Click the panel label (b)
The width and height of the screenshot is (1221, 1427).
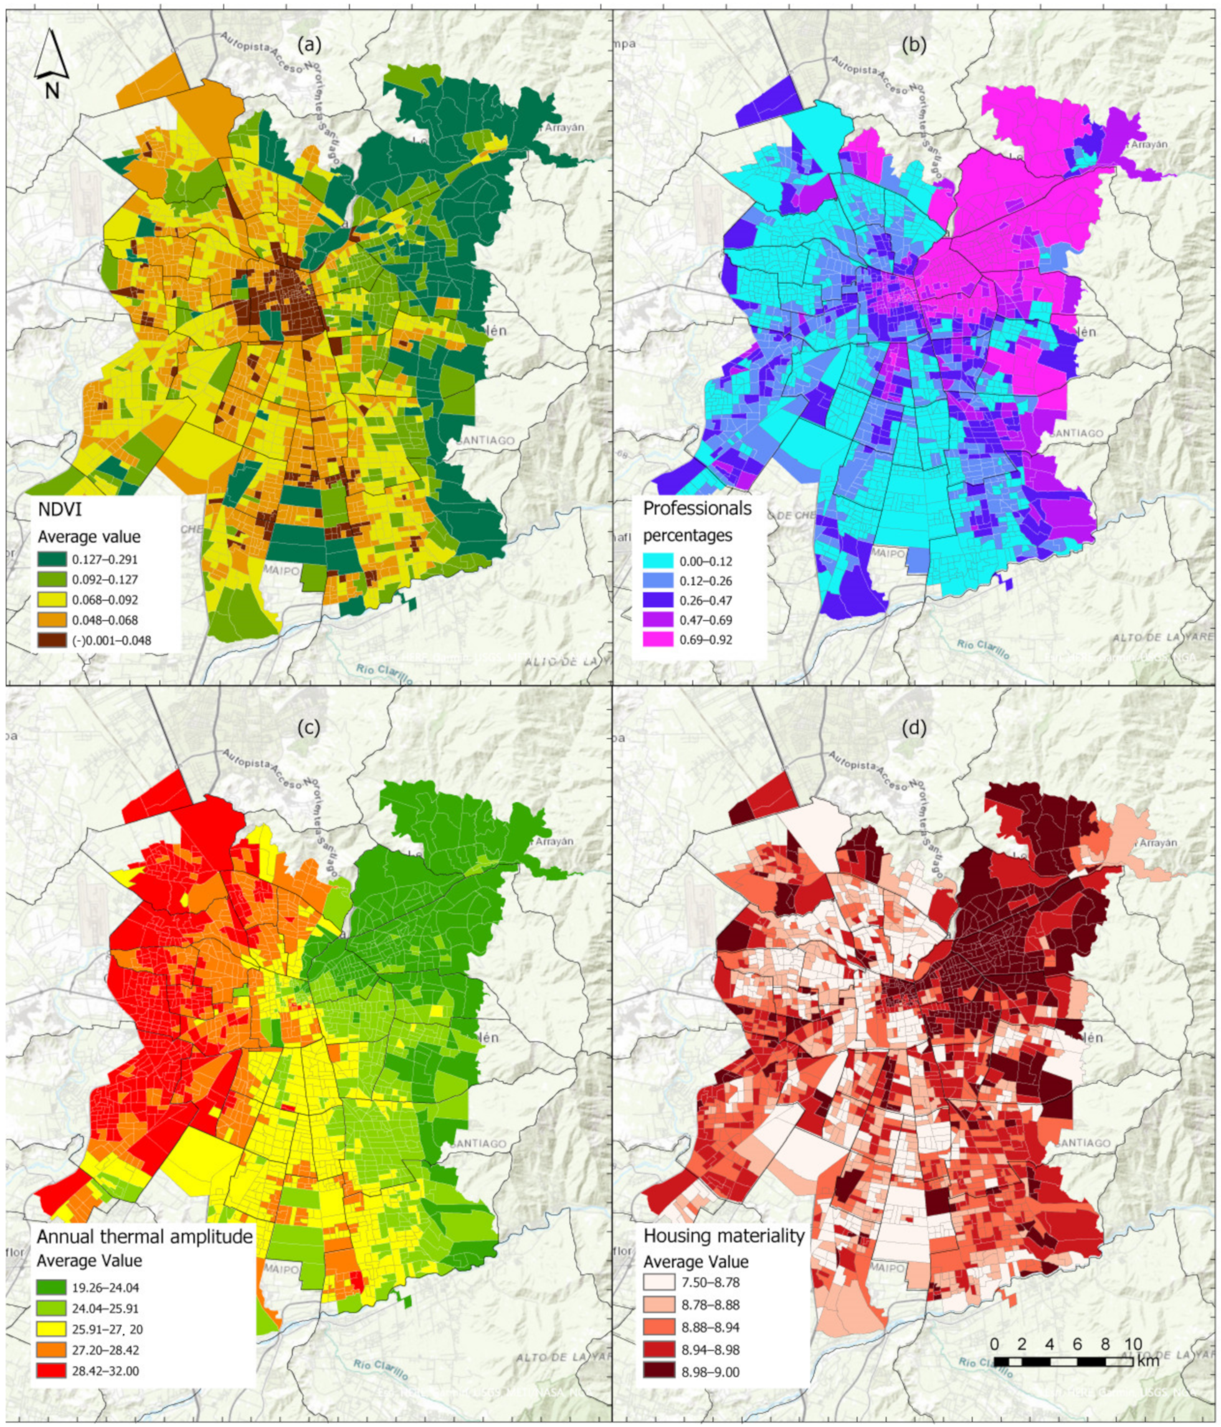pyautogui.click(x=915, y=46)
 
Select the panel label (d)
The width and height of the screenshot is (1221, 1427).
pyautogui.click(x=915, y=727)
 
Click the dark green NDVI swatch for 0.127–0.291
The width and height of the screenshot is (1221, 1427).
pyautogui.click(x=51, y=560)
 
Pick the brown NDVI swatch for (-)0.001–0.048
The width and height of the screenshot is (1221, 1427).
pyautogui.click(x=51, y=640)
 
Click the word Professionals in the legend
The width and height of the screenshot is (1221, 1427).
pyautogui.click(x=696, y=509)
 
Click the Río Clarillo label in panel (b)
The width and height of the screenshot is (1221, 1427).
pyautogui.click(x=982, y=648)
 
